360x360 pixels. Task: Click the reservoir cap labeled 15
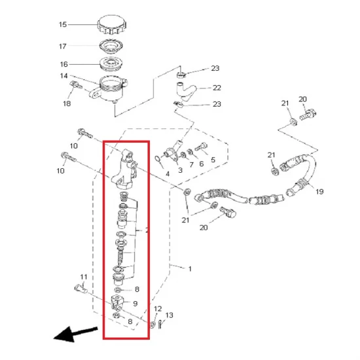coord(112,25)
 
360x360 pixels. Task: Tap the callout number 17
coord(63,46)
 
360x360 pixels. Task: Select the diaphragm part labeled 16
coord(111,64)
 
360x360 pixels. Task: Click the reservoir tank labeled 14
coord(109,89)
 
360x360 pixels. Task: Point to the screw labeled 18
coord(76,85)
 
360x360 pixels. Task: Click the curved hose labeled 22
coord(186,92)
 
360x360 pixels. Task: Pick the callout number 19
coord(319,192)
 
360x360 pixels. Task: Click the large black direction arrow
coord(75,334)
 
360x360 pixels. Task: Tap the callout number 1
coord(190,269)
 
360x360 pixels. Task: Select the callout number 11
coord(84,277)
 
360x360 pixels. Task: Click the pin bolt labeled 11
coord(81,289)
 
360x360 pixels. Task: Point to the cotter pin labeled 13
coord(160,323)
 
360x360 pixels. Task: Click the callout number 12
coord(158,309)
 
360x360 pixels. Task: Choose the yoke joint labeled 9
coord(118,302)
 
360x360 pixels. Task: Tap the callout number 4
coord(168,174)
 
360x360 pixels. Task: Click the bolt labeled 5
coord(201,147)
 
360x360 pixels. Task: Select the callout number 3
coord(180,170)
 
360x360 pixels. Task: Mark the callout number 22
coord(217,88)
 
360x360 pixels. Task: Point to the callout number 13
coord(170,315)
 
